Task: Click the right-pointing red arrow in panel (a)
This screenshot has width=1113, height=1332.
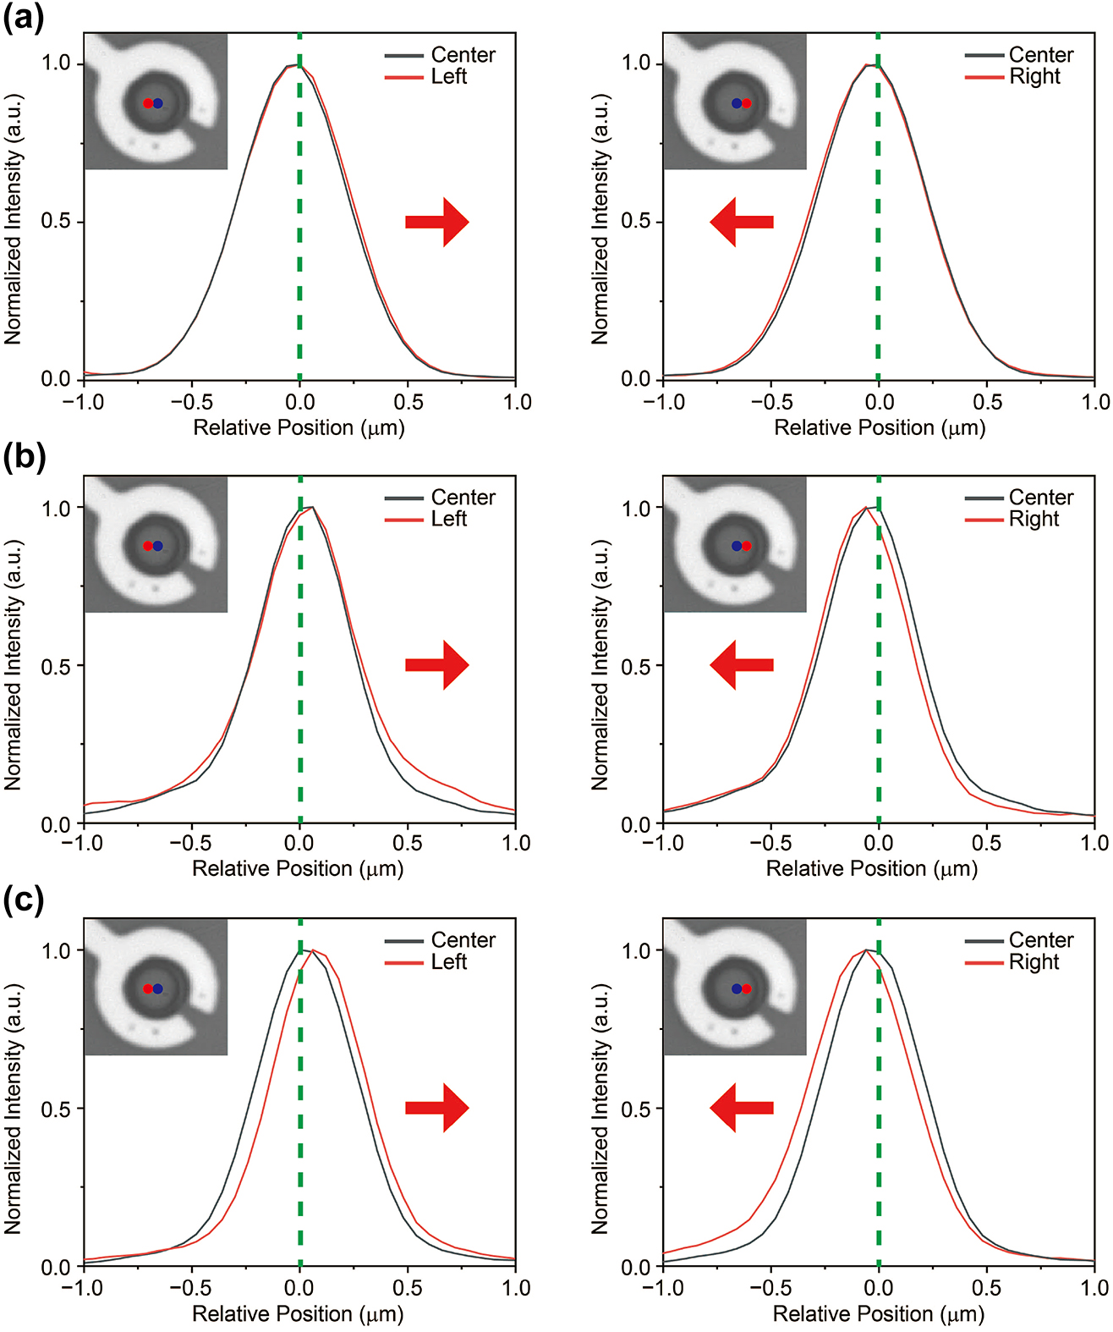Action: click(436, 223)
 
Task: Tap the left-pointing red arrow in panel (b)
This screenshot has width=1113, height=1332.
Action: click(741, 665)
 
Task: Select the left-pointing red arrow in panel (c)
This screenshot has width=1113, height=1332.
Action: click(741, 1108)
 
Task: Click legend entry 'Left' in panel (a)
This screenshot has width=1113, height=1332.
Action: click(448, 77)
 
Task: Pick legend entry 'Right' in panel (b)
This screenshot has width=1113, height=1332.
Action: click(1033, 520)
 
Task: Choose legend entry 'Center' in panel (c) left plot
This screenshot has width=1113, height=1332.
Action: click(463, 940)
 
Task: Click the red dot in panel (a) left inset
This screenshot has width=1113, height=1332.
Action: click(148, 103)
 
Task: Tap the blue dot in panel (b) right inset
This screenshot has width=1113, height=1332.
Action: click(736, 546)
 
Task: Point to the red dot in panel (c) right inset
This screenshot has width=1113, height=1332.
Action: click(746, 988)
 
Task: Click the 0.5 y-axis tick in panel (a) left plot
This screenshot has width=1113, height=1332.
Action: click(56, 222)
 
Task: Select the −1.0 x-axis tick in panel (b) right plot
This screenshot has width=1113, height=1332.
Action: click(664, 843)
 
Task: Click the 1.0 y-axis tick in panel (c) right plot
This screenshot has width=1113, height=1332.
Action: click(636, 950)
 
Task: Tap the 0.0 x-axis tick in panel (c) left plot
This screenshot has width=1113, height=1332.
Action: click(299, 1288)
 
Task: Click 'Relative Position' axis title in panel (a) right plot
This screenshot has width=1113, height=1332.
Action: click(880, 427)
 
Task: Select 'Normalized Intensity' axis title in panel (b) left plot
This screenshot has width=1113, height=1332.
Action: click(13, 664)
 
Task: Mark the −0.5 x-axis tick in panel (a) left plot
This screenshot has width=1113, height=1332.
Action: click(191, 402)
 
